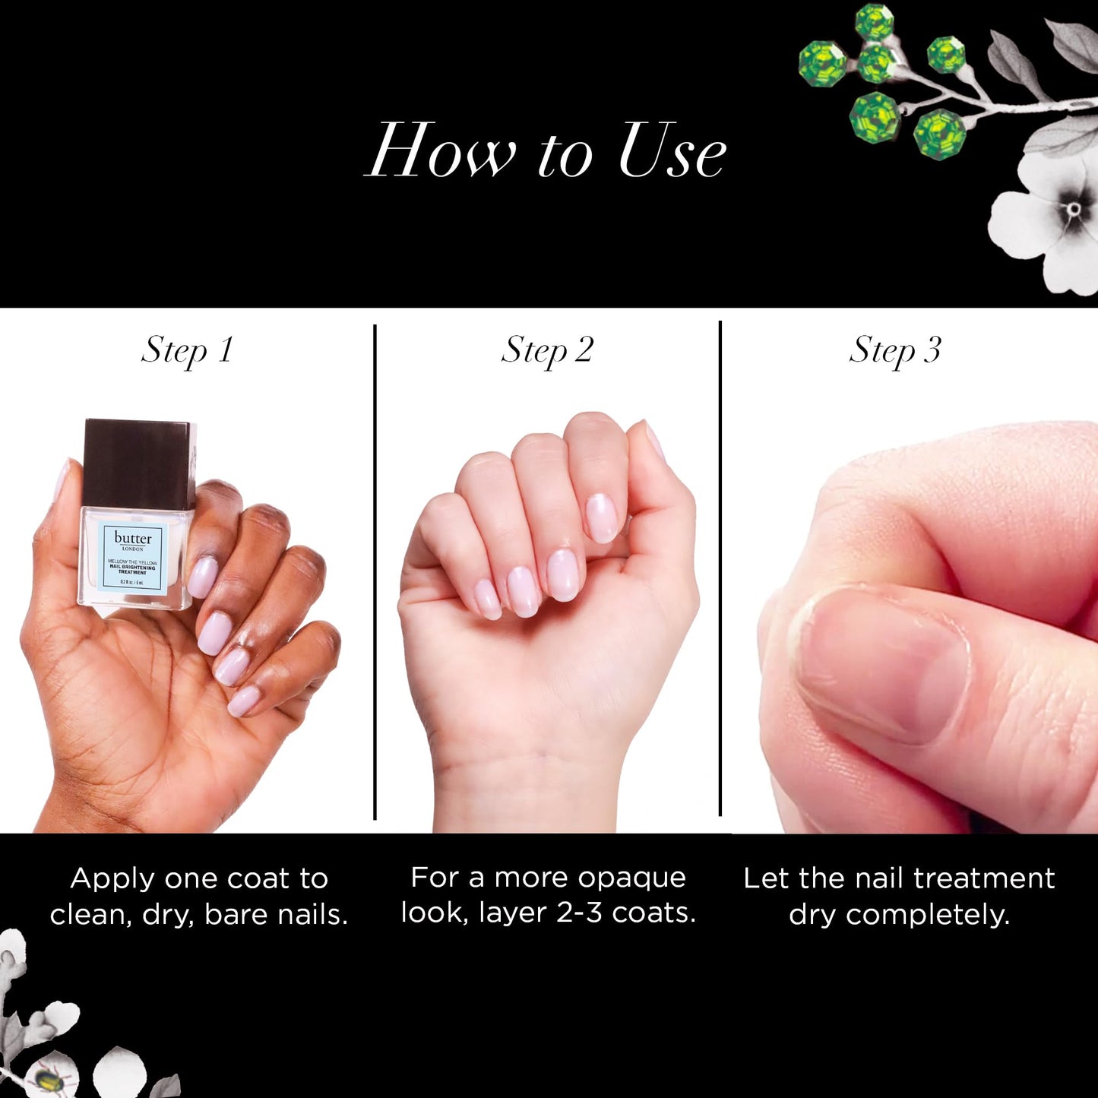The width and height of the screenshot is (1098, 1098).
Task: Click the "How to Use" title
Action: click(546, 150)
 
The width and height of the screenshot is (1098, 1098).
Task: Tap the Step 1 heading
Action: click(187, 350)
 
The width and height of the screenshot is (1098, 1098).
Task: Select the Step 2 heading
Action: click(546, 350)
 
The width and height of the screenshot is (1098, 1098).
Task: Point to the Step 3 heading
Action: click(894, 350)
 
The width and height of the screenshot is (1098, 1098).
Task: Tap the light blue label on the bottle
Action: click(133, 558)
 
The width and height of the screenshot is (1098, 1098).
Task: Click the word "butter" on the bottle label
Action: click(133, 538)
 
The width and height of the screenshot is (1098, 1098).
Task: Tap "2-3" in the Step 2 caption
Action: click(580, 913)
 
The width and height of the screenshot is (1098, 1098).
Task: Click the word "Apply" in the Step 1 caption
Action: click(112, 878)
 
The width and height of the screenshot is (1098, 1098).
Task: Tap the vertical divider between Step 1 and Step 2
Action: click(375, 570)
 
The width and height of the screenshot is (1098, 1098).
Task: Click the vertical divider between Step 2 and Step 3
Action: click(720, 570)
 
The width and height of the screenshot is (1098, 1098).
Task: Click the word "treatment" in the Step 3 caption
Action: click(984, 878)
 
